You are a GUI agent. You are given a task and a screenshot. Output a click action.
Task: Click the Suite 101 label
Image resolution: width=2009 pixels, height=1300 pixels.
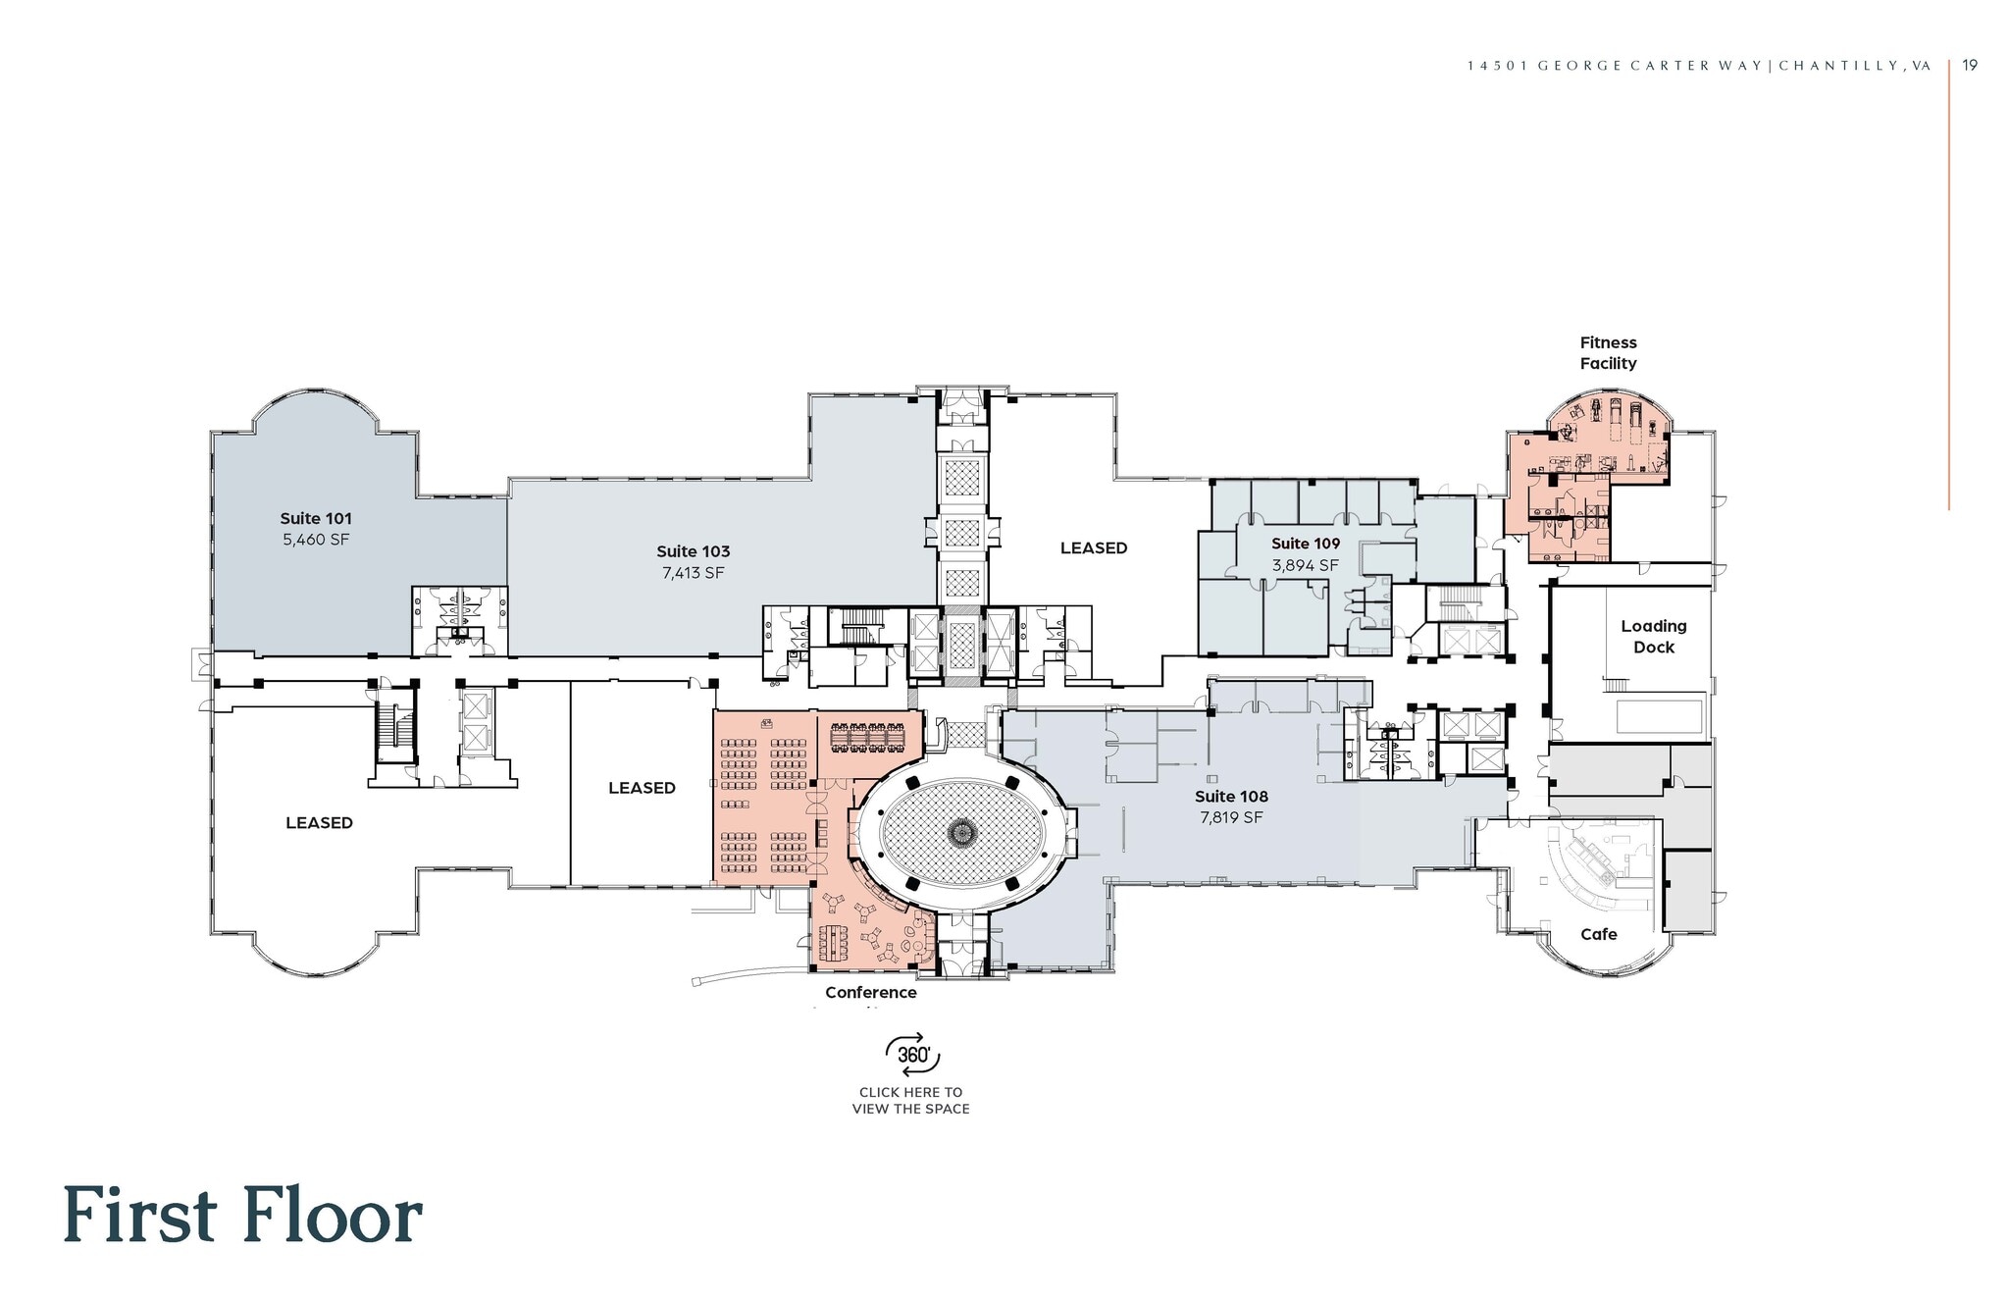[x=316, y=518]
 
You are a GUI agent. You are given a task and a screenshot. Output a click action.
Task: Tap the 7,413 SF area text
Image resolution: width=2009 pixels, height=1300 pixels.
[x=693, y=573]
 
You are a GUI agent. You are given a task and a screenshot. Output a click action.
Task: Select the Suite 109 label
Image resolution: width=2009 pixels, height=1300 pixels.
[x=1305, y=544]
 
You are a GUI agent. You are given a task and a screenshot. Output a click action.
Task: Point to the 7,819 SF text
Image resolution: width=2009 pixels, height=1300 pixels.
[x=1231, y=817]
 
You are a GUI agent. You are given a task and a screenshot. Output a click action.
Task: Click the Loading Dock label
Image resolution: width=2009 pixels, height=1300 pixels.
[x=1653, y=636]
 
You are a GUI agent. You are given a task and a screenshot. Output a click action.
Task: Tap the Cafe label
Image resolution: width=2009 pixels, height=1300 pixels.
[x=1598, y=934]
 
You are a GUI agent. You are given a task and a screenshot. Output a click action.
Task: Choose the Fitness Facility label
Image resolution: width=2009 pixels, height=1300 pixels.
[x=1608, y=352]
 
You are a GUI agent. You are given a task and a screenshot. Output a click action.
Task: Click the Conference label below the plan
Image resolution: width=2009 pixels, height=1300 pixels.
[x=870, y=992]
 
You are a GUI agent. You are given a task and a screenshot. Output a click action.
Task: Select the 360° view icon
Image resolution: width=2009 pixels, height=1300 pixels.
[x=912, y=1055]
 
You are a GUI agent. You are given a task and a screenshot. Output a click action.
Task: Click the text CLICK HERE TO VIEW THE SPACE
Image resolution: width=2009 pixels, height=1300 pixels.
[x=910, y=1100]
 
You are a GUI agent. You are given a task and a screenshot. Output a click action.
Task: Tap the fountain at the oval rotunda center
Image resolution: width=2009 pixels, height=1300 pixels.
[x=961, y=833]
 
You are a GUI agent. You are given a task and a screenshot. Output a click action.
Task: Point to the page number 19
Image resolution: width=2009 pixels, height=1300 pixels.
[x=1970, y=65]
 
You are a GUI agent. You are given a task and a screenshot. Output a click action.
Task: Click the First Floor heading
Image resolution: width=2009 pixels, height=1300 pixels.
[x=242, y=1215]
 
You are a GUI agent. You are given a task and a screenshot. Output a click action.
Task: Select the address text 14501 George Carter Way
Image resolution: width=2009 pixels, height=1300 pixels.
[x=1620, y=66]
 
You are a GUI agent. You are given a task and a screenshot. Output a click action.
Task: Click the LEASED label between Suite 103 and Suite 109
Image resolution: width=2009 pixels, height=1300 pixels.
[x=1093, y=547]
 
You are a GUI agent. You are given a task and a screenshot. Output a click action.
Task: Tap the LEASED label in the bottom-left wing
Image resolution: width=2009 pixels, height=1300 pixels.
[x=319, y=822]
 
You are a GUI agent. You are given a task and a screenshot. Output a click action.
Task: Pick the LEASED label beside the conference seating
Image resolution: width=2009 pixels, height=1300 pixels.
[x=642, y=788]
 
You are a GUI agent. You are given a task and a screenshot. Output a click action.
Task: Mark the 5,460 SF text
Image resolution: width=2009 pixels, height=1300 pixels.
[x=316, y=540]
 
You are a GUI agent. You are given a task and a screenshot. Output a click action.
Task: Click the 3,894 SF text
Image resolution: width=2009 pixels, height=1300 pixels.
[x=1305, y=565]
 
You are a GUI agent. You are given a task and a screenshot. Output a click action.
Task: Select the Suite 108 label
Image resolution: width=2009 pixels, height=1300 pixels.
[x=1231, y=797]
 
